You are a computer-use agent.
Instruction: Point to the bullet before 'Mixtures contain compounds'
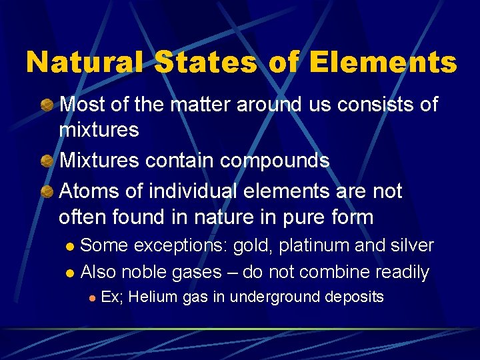pyautogui.click(x=47, y=161)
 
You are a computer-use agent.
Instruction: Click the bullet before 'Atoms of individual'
pyautogui.click(x=47, y=191)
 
